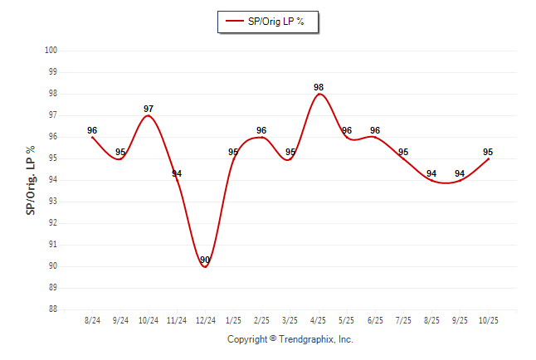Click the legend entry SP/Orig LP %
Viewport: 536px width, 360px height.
(x=268, y=22)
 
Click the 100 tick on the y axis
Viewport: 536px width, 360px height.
(x=51, y=51)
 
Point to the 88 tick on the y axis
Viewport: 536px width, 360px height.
(x=51, y=309)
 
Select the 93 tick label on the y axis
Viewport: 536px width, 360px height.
(x=51, y=202)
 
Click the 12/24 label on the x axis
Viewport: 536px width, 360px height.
(x=205, y=320)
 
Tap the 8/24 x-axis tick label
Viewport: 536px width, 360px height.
(x=92, y=320)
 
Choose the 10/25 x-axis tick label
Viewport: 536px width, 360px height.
(x=488, y=320)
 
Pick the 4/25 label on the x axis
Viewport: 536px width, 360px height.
(x=319, y=320)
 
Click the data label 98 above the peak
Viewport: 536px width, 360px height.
(x=319, y=87)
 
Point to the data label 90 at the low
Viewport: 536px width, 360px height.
(x=205, y=260)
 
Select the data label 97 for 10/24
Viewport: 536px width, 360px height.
(x=149, y=109)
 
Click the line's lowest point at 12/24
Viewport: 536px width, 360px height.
(x=205, y=266)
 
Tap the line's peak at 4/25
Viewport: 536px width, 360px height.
(x=319, y=94)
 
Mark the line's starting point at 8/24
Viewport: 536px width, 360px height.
(x=92, y=137)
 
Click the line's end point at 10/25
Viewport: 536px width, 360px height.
(x=488, y=158)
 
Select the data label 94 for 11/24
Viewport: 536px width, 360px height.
(x=177, y=173)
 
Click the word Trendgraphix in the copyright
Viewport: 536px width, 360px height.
(x=306, y=339)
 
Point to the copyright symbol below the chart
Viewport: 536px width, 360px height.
(x=273, y=339)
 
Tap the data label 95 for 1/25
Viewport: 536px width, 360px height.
(x=234, y=152)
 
